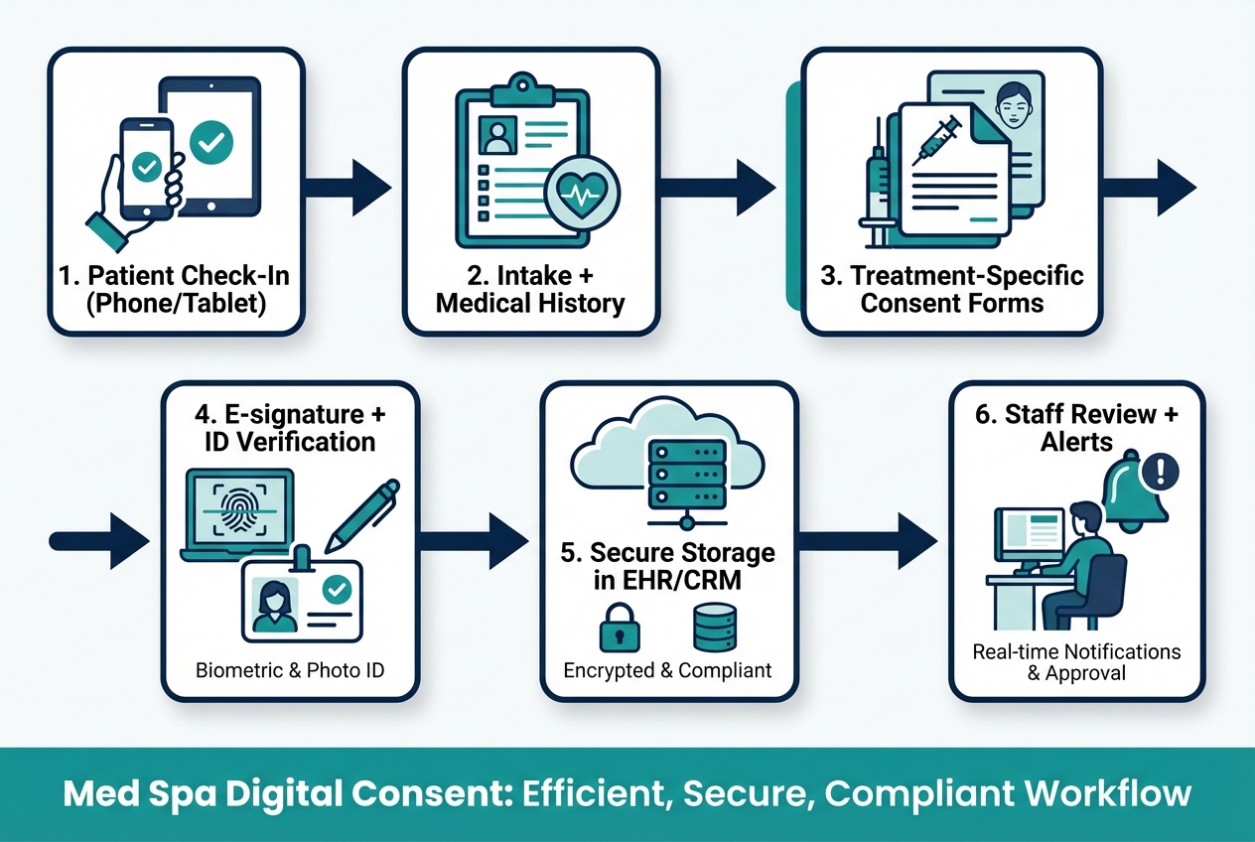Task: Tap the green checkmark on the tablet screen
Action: (209, 142)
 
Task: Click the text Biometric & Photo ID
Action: (290, 670)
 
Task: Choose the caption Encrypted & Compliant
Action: (667, 670)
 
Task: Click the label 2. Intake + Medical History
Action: (529, 289)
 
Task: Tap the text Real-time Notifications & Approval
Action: (1076, 661)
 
